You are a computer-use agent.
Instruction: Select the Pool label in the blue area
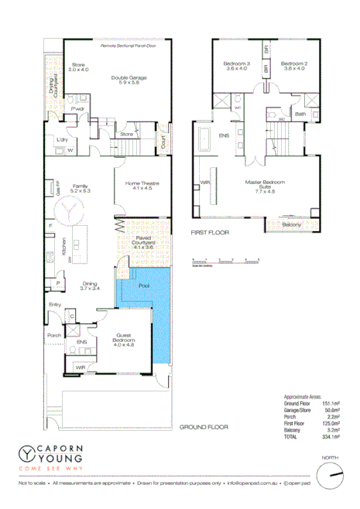pyautogui.click(x=143, y=285)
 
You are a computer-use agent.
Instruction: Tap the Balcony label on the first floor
pyautogui.click(x=291, y=225)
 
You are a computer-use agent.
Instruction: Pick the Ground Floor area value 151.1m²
pyautogui.click(x=332, y=402)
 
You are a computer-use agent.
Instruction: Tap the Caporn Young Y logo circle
pyautogui.click(x=29, y=455)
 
